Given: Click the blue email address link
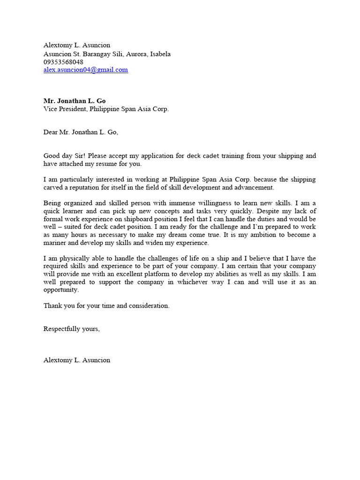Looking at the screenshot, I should point(85,70).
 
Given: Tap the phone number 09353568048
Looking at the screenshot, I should point(63,62).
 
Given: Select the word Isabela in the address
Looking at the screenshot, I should point(160,54).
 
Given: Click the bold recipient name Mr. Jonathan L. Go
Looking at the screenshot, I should point(75,101).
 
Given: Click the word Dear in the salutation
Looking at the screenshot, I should point(50,132).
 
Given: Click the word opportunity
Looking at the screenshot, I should point(61,290).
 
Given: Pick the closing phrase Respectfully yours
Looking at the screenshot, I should point(71,329).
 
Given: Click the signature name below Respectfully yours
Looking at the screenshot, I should point(77,360).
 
